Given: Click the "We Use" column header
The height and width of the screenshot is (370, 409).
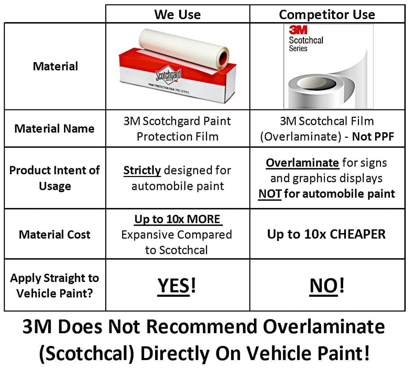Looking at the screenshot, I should click(x=178, y=14).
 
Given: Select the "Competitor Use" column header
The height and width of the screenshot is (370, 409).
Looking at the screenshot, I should click(x=327, y=14).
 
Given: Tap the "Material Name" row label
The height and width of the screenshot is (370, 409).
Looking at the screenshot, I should click(x=54, y=128).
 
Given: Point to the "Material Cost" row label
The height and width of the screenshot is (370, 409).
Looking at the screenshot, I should click(x=54, y=234).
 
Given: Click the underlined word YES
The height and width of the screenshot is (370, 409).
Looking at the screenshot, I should click(x=174, y=286).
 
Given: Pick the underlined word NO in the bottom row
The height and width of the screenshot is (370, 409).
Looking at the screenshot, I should click(x=324, y=286).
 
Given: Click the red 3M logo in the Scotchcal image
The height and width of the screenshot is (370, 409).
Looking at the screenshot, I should click(x=298, y=30).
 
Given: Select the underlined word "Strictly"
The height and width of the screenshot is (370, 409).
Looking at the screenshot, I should click(x=142, y=170).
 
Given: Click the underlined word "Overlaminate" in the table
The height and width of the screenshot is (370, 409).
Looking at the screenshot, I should click(x=302, y=163).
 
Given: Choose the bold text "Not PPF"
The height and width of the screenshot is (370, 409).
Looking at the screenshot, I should click(x=373, y=137).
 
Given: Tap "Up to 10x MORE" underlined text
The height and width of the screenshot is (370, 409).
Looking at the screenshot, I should click(x=178, y=219).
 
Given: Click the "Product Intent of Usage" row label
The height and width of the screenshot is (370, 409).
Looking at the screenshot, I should click(x=54, y=178).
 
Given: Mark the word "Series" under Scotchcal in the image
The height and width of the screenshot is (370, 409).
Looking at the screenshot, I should click(x=298, y=48).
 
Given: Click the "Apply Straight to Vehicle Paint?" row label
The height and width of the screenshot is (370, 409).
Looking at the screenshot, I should click(x=54, y=286).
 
